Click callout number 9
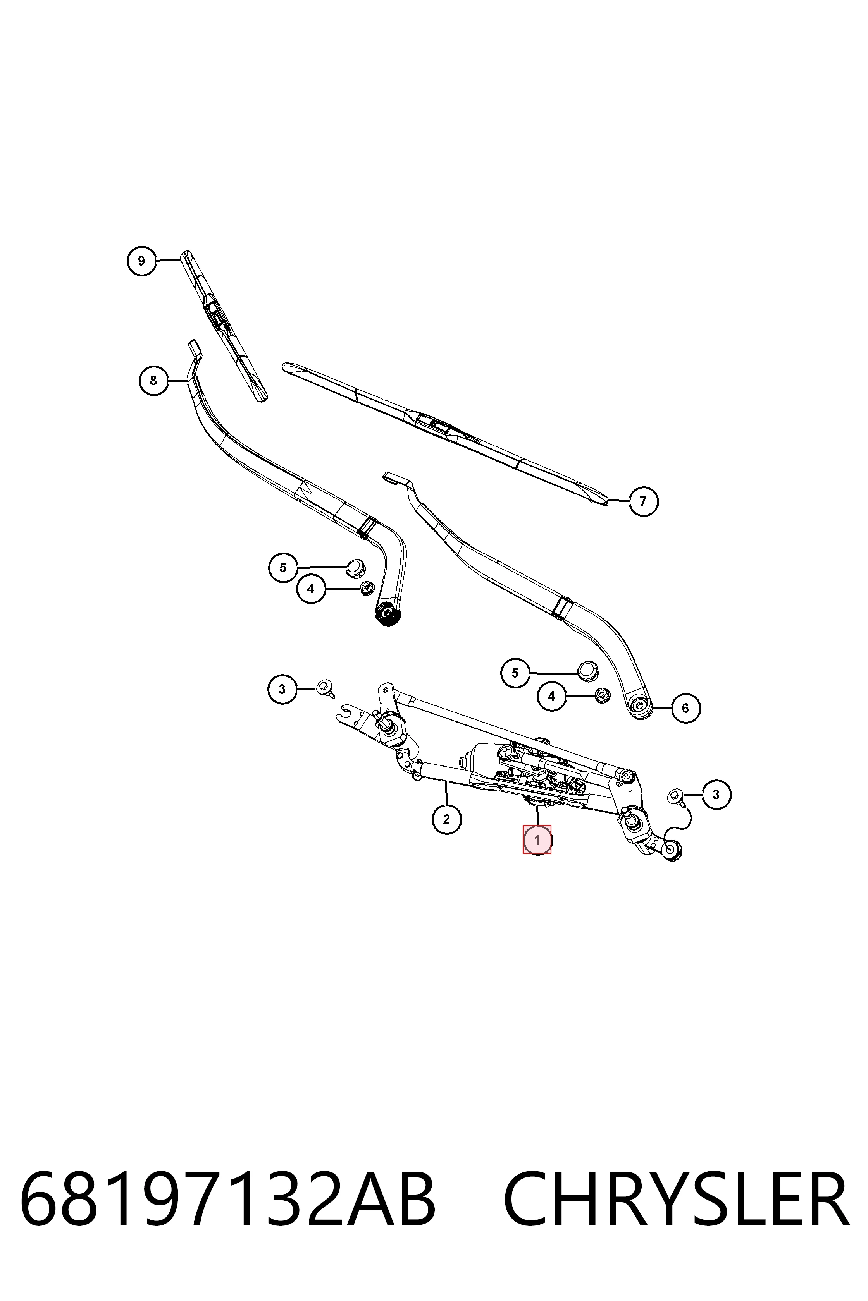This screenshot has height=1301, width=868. coord(142,261)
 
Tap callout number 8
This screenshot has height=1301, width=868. coord(153,381)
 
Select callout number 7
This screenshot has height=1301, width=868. coord(643,501)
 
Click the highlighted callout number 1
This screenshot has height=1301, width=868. coord(537,840)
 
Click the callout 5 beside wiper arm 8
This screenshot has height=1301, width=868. coord(283,568)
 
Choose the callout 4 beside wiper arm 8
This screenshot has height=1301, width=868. coord(311,589)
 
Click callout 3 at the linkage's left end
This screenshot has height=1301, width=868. coord(282,689)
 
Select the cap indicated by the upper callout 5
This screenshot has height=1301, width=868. coord(354,566)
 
